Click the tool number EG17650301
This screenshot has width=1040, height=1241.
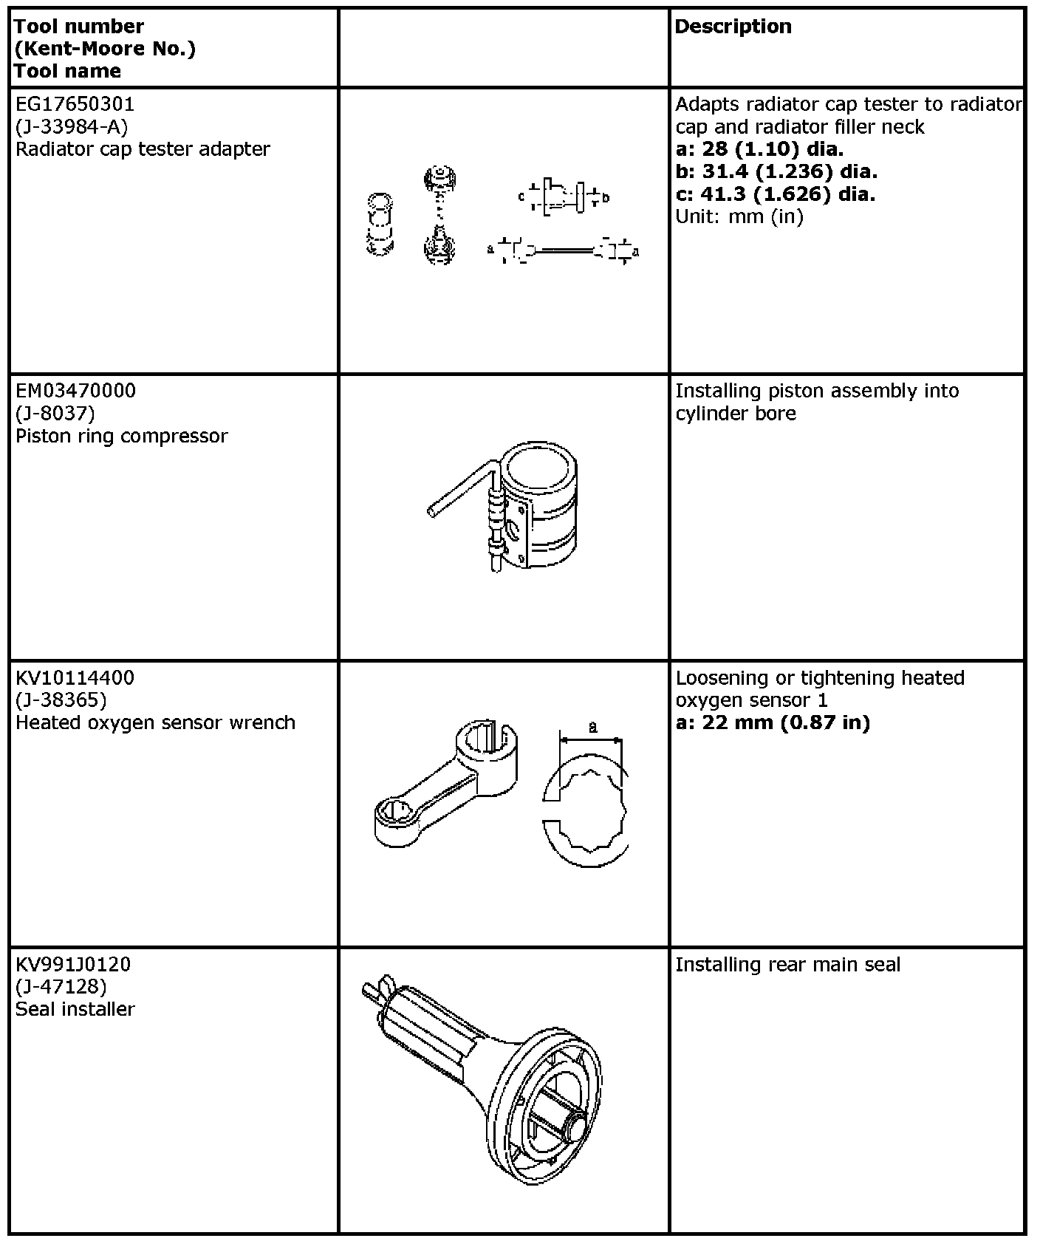tap(75, 104)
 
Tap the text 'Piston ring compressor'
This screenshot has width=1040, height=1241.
tap(122, 436)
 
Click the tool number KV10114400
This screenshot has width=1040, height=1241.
tap(75, 677)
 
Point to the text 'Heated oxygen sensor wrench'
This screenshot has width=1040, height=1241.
tap(155, 722)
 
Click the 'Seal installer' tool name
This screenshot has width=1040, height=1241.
tap(75, 1009)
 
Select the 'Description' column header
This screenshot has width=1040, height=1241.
tap(733, 27)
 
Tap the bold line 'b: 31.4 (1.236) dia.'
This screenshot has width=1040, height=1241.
tap(776, 171)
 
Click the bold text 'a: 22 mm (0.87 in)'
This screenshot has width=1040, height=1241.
tap(773, 722)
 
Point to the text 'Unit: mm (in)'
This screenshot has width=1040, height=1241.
tap(739, 216)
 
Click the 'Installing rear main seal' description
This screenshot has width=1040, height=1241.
tap(787, 965)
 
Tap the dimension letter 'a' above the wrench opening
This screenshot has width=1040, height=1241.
tap(592, 727)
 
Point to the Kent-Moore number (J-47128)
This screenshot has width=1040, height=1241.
tap(61, 987)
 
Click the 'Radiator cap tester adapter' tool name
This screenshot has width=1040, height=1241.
tap(143, 149)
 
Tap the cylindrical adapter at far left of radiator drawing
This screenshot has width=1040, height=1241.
tap(380, 225)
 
